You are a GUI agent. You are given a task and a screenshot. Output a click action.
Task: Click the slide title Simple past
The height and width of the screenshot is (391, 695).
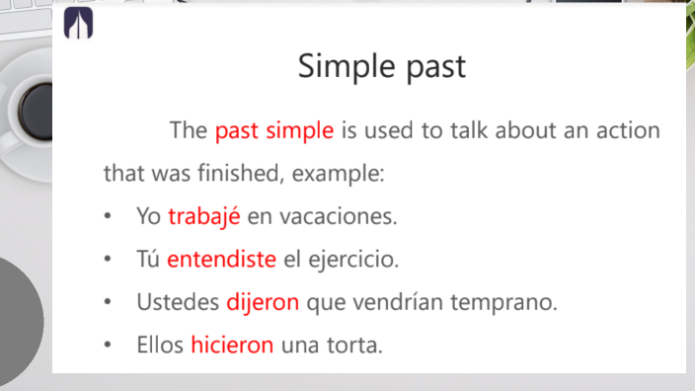click(381, 67)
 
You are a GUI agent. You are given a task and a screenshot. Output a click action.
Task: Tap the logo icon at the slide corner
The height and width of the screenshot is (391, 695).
click(78, 25)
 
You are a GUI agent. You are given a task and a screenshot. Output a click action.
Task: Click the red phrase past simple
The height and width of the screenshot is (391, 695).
click(273, 130)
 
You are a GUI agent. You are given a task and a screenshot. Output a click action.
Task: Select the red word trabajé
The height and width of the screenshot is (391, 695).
click(204, 216)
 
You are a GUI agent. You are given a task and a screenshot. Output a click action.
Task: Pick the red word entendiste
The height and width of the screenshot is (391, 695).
click(221, 260)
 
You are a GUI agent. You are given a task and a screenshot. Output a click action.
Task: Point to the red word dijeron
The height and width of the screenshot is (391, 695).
click(263, 302)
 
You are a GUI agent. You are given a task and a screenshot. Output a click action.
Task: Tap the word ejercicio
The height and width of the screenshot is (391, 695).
click(354, 260)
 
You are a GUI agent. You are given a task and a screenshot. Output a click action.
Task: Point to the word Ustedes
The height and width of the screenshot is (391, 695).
click(179, 302)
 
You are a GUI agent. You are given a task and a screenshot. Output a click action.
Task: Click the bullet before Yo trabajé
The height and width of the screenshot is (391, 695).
click(107, 216)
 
